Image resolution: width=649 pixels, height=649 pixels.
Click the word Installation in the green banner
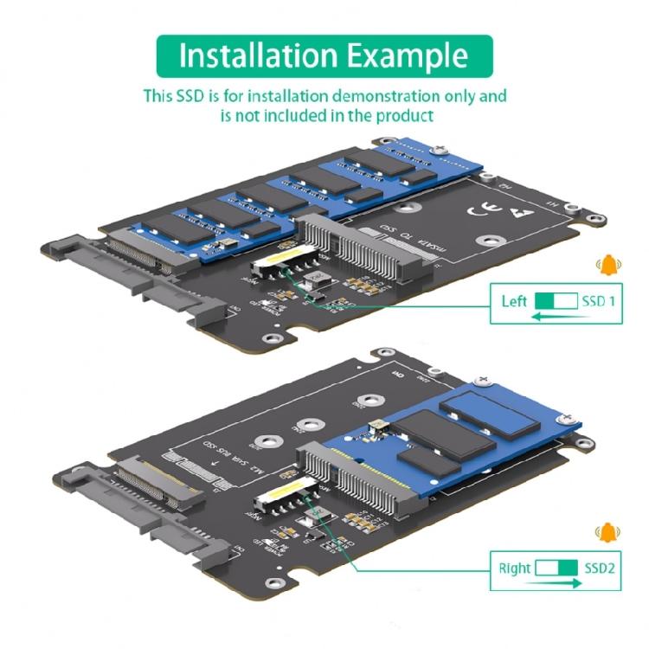click(257, 55)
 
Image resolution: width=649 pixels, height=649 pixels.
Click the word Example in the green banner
click(407, 55)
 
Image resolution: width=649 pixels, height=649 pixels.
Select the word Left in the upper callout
click(514, 302)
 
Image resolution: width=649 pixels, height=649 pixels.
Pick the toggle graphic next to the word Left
click(556, 302)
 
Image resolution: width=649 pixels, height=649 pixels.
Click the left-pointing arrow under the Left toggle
click(555, 318)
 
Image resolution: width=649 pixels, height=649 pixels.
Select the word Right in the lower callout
click(515, 569)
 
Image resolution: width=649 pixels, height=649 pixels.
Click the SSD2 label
click(601, 569)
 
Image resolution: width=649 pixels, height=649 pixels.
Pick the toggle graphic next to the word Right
click(556, 569)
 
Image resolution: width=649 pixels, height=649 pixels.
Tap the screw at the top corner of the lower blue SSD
click(483, 380)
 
